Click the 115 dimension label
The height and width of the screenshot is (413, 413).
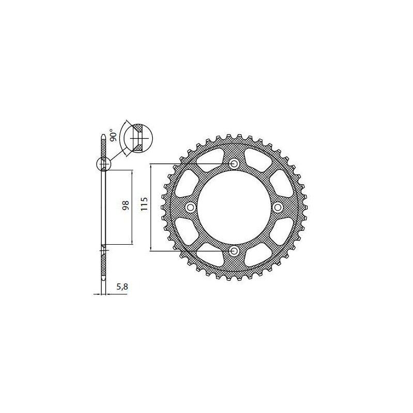tap(145, 203)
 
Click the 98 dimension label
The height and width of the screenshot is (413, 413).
tap(125, 205)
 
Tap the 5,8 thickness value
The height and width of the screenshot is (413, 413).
tap(122, 287)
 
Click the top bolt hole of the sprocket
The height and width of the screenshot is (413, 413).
tap(234, 164)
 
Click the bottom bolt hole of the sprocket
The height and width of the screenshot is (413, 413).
tap(234, 251)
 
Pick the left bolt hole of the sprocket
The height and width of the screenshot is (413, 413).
tap(190, 208)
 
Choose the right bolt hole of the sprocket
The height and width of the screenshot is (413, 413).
tap(277, 208)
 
